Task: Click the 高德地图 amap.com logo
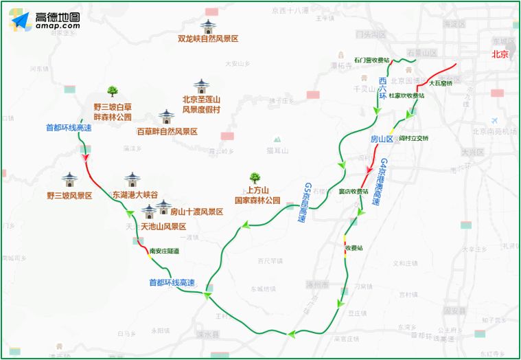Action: coord(45,21)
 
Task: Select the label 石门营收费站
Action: coord(371,60)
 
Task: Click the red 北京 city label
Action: coord(500,54)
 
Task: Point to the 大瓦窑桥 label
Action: coord(441,83)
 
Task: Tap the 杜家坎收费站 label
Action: coord(407,96)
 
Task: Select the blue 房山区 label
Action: coord(381,139)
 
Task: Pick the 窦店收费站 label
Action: coord(354,192)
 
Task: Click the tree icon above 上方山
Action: coord(255,177)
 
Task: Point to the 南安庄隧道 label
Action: coord(164,251)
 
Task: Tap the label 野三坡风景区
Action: coord(69,195)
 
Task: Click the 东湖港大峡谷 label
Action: coord(135,195)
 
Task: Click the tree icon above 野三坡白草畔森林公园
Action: coord(113,91)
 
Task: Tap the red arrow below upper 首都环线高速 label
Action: coord(86,157)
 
